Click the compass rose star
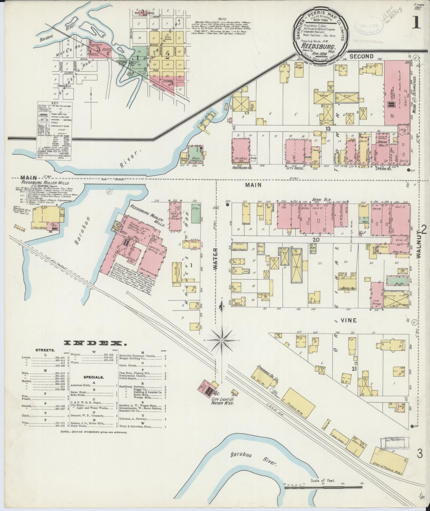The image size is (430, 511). click(222, 340)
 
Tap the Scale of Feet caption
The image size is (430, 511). click(323, 481)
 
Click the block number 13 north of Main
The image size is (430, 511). click(328, 128)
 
